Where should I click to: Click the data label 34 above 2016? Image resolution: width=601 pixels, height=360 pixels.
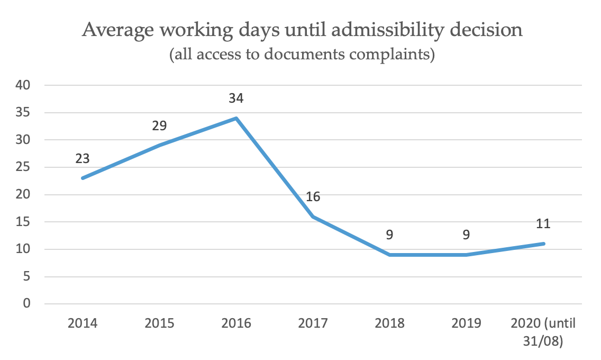(236, 98)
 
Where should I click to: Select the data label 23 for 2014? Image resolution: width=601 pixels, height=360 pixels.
(83, 158)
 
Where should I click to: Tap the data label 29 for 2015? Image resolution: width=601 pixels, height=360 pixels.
(159, 126)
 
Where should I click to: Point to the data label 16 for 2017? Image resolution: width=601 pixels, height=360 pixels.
(313, 197)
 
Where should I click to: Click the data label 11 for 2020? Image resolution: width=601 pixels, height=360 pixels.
(543, 224)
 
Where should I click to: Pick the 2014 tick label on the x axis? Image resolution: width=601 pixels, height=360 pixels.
(83, 323)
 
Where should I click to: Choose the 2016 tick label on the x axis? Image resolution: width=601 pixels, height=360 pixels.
(236, 323)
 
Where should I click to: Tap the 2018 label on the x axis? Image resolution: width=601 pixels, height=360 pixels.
(389, 323)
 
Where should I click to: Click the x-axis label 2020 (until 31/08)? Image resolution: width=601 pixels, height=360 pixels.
(543, 331)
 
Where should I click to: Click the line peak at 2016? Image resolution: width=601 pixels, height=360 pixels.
(236, 118)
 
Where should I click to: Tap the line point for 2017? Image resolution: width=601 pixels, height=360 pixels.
(313, 217)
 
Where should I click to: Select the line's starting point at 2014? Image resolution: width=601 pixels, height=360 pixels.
(83, 178)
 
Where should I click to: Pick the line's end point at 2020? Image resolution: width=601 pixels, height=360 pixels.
(543, 244)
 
